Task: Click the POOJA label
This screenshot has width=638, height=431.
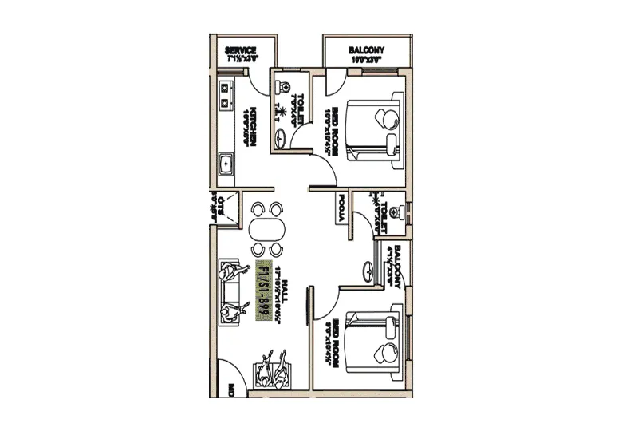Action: coord(341,210)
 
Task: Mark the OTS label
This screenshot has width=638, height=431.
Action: coord(221,208)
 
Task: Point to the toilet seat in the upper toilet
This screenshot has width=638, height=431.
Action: coord(283,88)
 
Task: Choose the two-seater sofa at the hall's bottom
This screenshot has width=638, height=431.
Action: coord(272,371)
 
